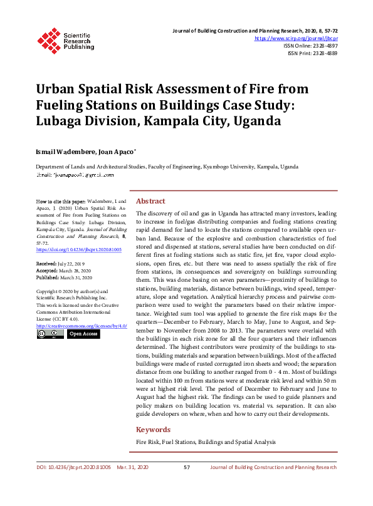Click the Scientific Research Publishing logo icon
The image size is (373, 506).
[48, 39]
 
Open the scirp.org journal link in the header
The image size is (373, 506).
[295, 38]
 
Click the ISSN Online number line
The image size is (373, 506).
[310, 46]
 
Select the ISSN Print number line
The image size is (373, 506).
[312, 54]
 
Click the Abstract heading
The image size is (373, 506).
[150, 201]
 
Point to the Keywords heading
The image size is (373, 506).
[153, 430]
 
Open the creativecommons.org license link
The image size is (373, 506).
[81, 326]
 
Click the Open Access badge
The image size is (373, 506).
[83, 334]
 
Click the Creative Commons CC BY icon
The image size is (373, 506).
[50, 334]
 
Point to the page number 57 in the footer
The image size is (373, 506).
[186, 467]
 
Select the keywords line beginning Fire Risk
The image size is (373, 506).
[206, 442]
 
